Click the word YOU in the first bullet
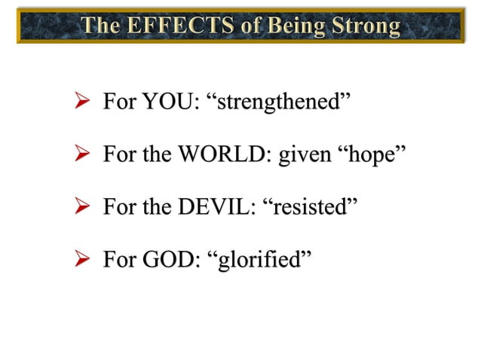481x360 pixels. click(x=167, y=102)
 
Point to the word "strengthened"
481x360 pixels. click(x=283, y=102)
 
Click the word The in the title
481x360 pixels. click(x=103, y=26)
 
